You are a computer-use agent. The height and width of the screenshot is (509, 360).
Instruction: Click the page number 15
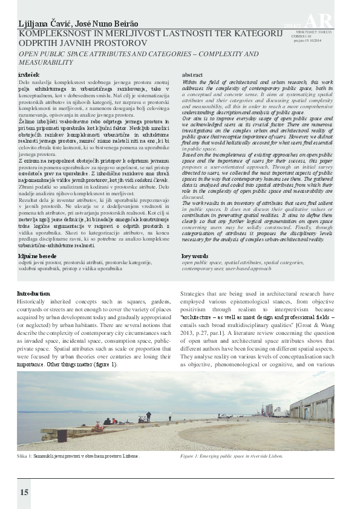(x=24, y=492)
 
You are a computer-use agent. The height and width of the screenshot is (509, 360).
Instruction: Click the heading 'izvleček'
(x=27, y=73)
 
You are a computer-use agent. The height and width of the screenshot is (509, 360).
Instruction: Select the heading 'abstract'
(x=192, y=73)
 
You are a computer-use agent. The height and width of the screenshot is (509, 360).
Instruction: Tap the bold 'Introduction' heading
(x=34, y=294)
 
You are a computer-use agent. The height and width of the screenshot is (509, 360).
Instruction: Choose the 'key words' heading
(x=194, y=256)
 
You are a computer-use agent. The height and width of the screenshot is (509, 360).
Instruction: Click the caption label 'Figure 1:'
(x=191, y=456)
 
